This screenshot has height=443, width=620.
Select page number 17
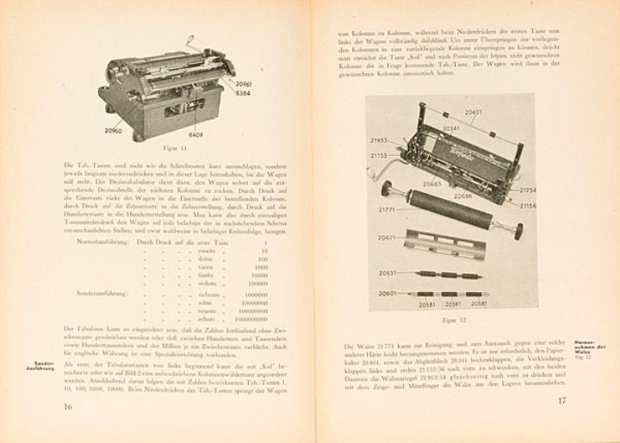pos(561,401)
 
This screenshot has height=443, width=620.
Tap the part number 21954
pos(528,190)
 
